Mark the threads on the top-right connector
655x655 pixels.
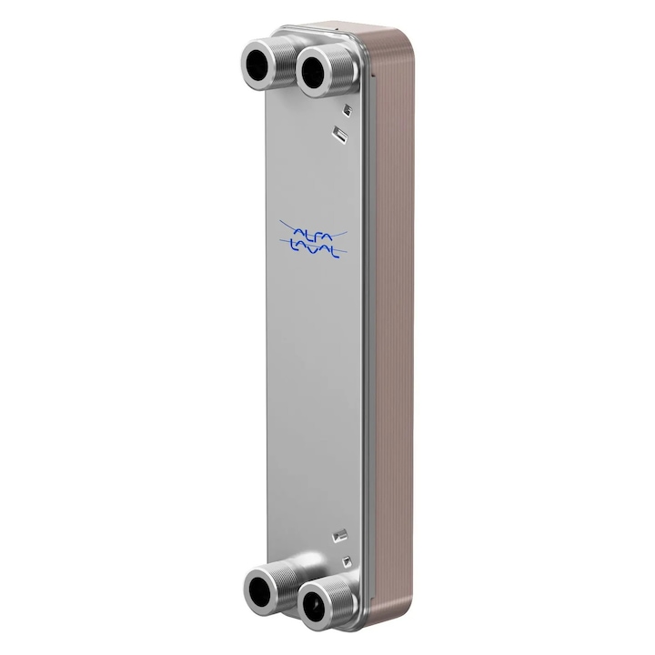pos(338,65)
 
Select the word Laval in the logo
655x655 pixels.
pos(313,247)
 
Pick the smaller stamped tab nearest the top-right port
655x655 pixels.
pos(345,112)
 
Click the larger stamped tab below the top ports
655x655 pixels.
pos(339,135)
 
